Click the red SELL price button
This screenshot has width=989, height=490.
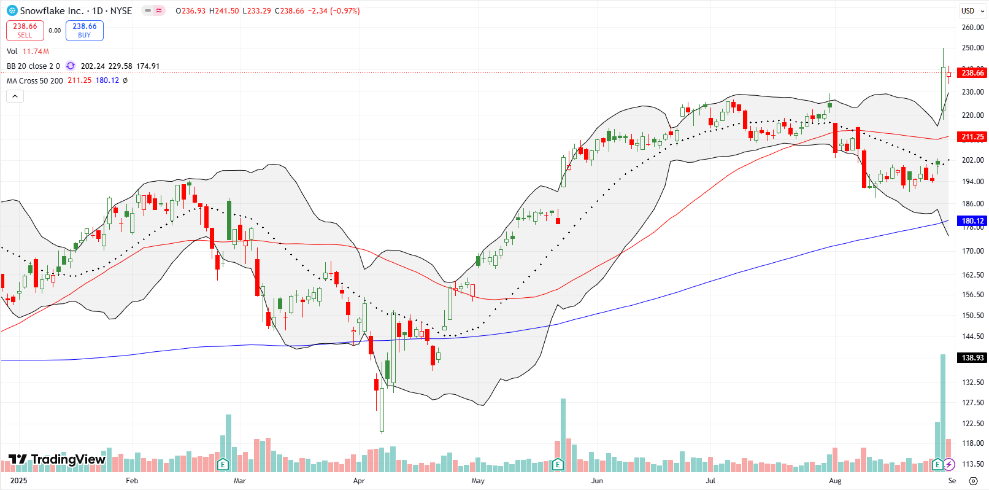pyautogui.click(x=25, y=31)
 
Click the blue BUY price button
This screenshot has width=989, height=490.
pyautogui.click(x=85, y=31)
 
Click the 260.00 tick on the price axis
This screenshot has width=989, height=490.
pyautogui.click(x=972, y=28)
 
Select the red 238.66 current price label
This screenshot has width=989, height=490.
pyautogui.click(x=972, y=73)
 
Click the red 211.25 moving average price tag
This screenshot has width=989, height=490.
pyautogui.click(x=972, y=137)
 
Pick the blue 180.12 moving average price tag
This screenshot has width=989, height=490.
pyautogui.click(x=972, y=221)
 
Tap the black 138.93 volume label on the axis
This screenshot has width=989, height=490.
pyautogui.click(x=972, y=358)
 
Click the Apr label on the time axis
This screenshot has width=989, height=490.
pyautogui.click(x=359, y=481)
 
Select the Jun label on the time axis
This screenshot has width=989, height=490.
pyautogui.click(x=597, y=481)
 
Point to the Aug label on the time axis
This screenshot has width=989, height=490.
pyautogui.click(x=835, y=481)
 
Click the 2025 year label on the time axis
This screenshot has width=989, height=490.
pyautogui.click(x=19, y=481)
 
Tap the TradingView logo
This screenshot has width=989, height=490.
pyautogui.click(x=57, y=459)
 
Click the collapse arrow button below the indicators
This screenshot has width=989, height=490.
pyautogui.click(x=15, y=96)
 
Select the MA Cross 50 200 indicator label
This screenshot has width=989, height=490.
pyautogui.click(x=35, y=81)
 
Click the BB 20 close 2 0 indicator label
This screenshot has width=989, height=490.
pyautogui.click(x=33, y=66)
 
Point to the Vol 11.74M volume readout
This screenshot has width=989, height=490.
pyautogui.click(x=28, y=52)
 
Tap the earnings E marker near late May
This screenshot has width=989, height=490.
pyautogui.click(x=558, y=464)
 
